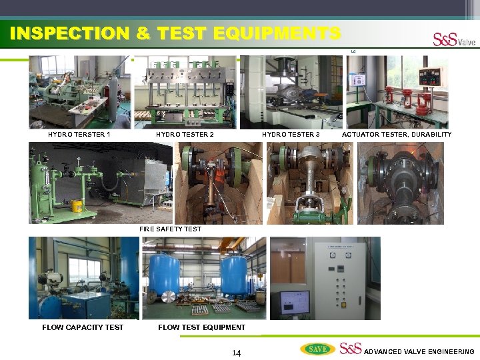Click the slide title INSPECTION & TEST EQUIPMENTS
click(175, 33)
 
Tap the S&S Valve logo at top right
click(454, 40)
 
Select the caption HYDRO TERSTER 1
click(79, 135)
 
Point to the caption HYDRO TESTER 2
click(185, 135)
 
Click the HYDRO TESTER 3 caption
click(291, 135)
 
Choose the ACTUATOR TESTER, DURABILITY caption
click(396, 135)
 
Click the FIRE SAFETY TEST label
click(170, 229)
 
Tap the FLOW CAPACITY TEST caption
click(83, 327)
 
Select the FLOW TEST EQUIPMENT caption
click(201, 327)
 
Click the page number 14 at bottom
click(236, 353)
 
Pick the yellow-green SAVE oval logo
click(318, 349)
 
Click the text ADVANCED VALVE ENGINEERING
click(419, 351)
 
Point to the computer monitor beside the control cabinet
click(294, 303)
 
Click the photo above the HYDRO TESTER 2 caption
click(185, 92)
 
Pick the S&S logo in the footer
click(350, 348)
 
